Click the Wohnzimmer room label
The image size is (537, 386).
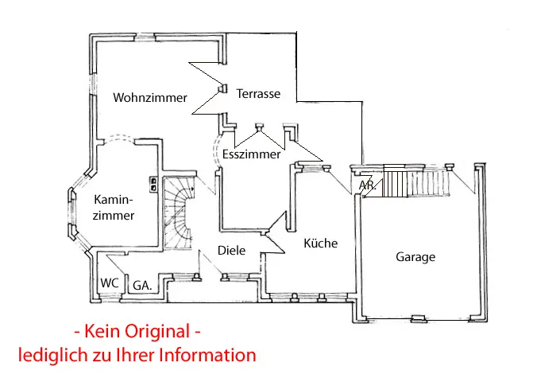pos(150,98)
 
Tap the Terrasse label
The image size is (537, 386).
pos(258,94)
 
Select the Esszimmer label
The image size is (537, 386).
pos(252,154)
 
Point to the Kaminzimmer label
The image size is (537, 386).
pos(114,207)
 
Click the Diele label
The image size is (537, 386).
pos(231,251)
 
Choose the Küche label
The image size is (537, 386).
pos(321,244)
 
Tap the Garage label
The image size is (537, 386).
pos(415,257)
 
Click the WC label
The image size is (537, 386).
pos(109,283)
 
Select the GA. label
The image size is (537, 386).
pos(142,284)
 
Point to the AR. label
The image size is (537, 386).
pos(366,185)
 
